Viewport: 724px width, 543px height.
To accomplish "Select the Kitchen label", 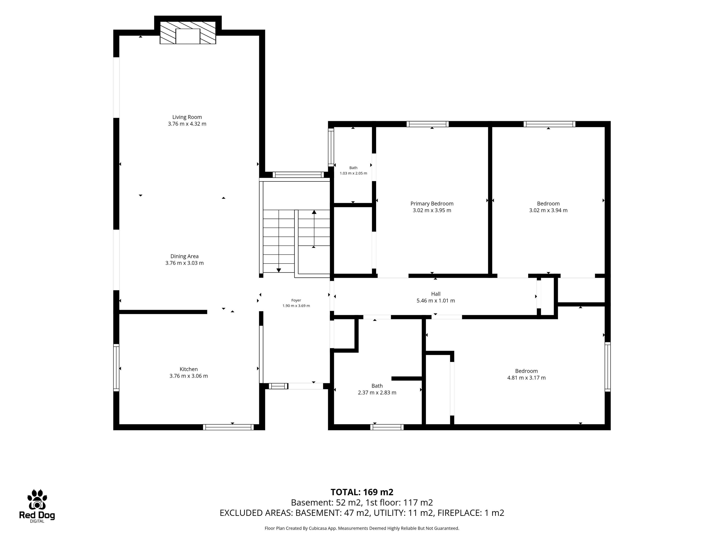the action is [x=189, y=369].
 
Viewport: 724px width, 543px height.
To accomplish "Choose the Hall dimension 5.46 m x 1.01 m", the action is [x=436, y=301].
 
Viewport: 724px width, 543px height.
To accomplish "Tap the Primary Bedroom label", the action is [x=432, y=204].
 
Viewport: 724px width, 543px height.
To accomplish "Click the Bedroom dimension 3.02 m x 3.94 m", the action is [x=548, y=210].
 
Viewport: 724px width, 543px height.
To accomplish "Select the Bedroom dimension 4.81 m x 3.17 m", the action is [x=526, y=378].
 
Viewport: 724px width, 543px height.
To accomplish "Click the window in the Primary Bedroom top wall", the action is [x=427, y=124].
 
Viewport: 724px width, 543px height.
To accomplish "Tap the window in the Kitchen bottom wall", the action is [x=229, y=427].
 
